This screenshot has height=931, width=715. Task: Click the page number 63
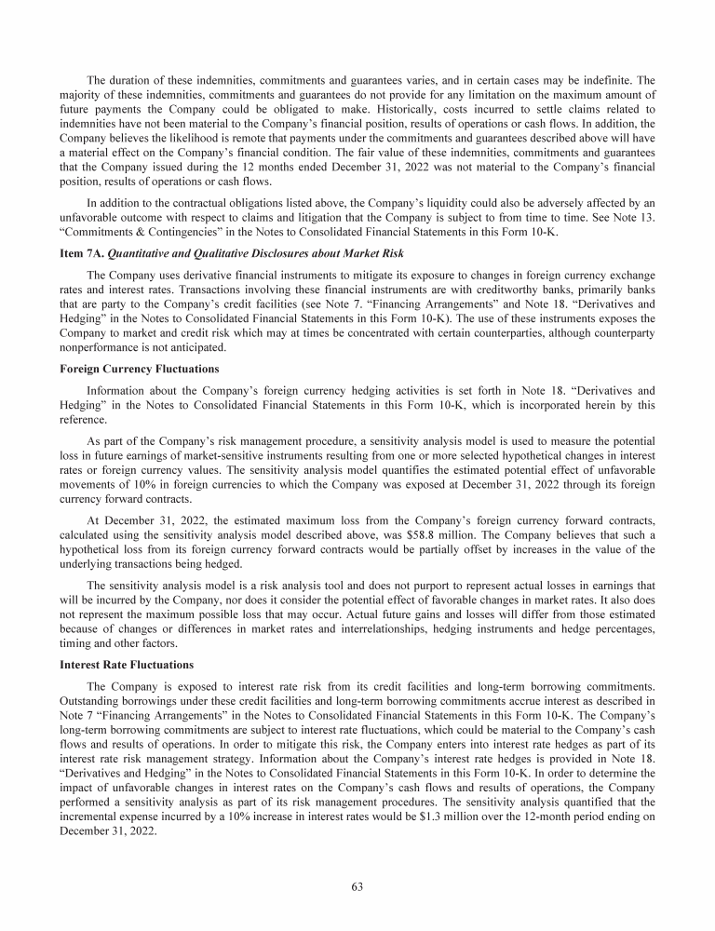pos(357,885)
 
